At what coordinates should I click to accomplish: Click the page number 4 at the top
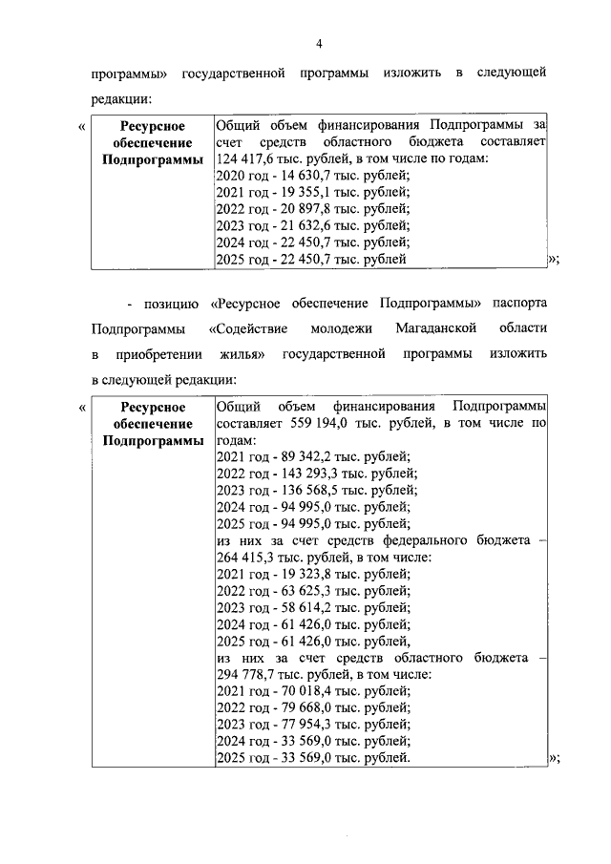coord(320,43)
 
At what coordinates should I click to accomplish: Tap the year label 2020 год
coord(242,175)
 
